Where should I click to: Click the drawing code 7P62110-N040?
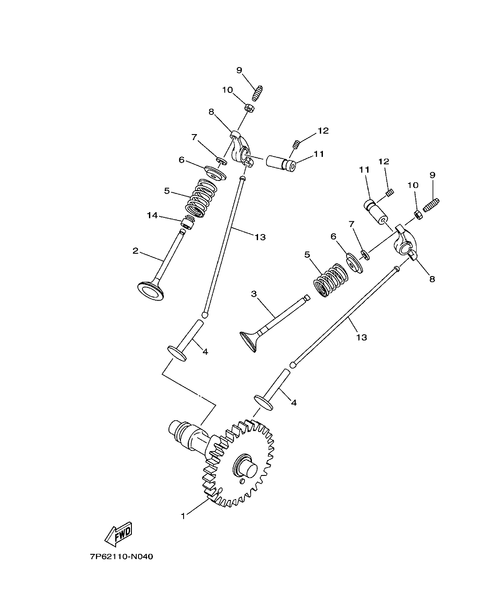pyautogui.click(x=122, y=557)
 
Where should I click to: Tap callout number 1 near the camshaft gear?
pyautogui.click(x=183, y=516)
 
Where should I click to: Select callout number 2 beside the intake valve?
pyautogui.click(x=135, y=251)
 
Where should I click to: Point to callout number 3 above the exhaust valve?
pyautogui.click(x=254, y=294)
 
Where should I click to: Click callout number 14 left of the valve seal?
pyautogui.click(x=152, y=215)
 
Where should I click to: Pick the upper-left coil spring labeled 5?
pyautogui.click(x=200, y=198)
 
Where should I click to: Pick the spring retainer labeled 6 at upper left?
pyautogui.click(x=215, y=172)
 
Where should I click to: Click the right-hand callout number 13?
pyautogui.click(x=361, y=337)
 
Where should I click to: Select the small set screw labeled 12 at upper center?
pyautogui.click(x=296, y=143)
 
